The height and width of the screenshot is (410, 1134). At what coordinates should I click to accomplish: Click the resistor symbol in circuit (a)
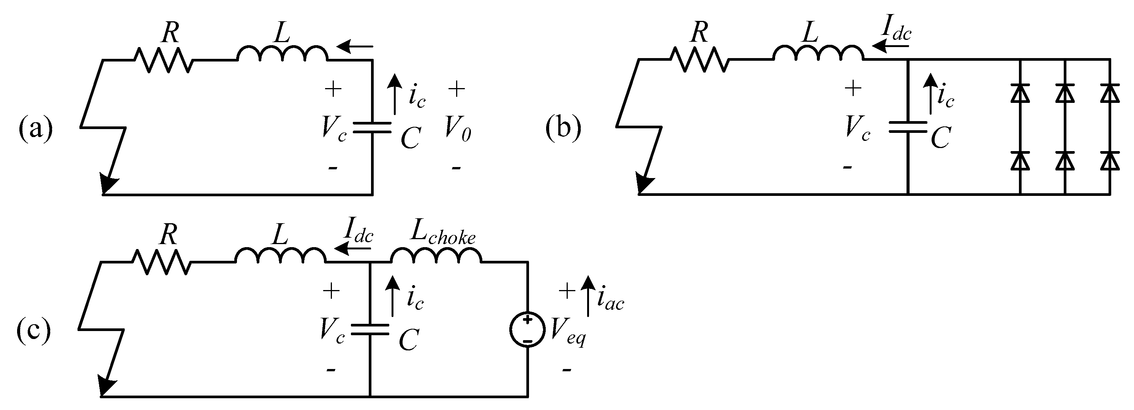pyautogui.click(x=163, y=60)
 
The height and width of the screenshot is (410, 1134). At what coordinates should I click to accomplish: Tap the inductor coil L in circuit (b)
pyautogui.click(x=818, y=53)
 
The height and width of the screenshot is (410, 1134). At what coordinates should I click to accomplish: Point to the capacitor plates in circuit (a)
pyautogui.click(x=373, y=127)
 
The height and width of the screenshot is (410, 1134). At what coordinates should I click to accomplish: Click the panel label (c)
pyautogui.click(x=33, y=331)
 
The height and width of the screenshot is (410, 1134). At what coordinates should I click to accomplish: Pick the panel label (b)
pyautogui.click(x=563, y=128)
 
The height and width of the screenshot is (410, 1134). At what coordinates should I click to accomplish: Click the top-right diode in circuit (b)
pyautogui.click(x=1109, y=93)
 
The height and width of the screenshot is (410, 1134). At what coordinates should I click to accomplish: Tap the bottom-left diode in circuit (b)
pyautogui.click(x=1020, y=161)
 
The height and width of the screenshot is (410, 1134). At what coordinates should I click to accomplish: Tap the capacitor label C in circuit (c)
pyautogui.click(x=409, y=340)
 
